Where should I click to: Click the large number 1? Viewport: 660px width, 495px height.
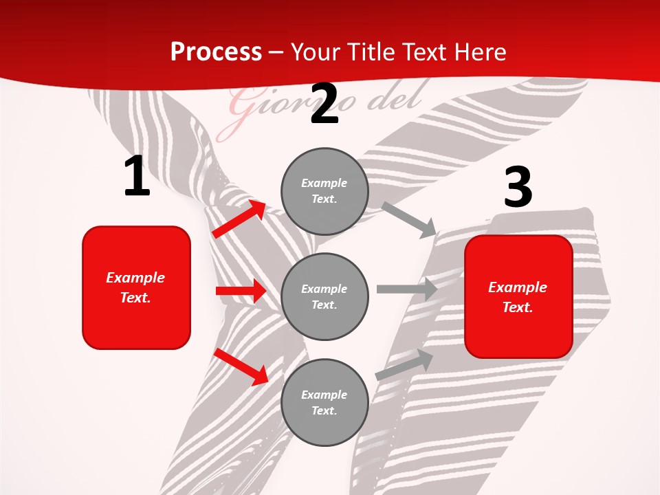[x=137, y=177]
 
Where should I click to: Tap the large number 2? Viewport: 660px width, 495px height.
[x=324, y=104]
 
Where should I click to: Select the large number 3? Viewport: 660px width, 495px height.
[x=518, y=188]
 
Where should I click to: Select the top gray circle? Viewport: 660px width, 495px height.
[x=324, y=191]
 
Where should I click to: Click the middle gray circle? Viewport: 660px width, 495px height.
[x=324, y=296]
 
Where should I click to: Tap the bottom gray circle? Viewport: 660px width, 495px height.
[x=324, y=402]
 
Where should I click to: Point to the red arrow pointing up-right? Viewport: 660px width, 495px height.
[x=239, y=219]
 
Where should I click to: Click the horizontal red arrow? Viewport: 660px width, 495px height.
[x=241, y=291]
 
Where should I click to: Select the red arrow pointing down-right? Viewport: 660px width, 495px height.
[x=241, y=366]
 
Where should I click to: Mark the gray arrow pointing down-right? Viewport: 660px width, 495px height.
[x=409, y=219]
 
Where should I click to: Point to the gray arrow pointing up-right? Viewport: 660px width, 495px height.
[x=404, y=364]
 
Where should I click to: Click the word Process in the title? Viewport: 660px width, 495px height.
[x=216, y=52]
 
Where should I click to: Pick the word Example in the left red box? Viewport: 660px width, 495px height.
[x=135, y=278]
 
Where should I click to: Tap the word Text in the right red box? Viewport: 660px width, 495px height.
[x=517, y=307]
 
